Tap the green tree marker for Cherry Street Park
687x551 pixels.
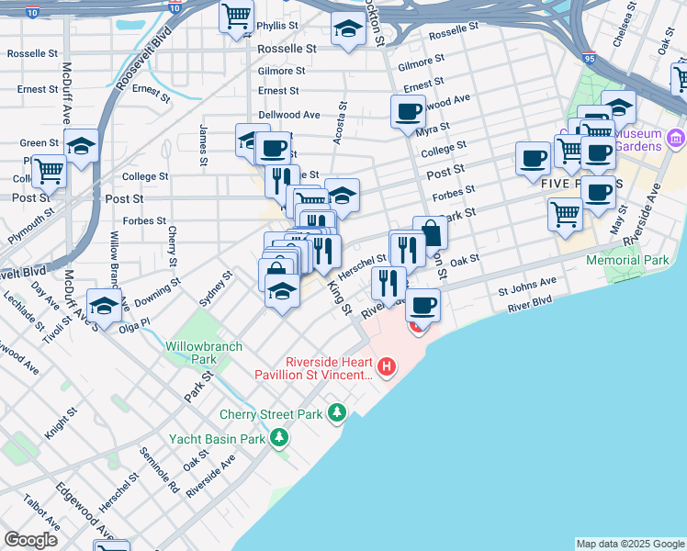coord(338,414)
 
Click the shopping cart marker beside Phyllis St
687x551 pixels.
coord(236,16)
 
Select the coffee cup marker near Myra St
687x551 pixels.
coord(408,112)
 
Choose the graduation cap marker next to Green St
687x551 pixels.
coord(82,146)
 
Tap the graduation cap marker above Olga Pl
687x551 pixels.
coord(104,304)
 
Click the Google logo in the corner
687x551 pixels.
coord(30,540)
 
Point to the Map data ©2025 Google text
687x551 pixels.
coord(630,544)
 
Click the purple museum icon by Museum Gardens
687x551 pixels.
coord(677,139)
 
